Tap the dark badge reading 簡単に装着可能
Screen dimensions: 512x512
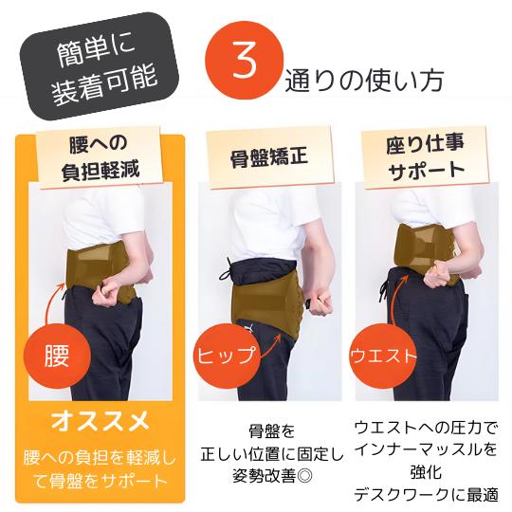(100, 66)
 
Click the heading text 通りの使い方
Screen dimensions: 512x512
(364, 81)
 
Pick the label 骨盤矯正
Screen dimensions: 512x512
(269, 157)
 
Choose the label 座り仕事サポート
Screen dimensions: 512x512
(425, 158)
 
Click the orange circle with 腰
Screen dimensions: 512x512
(57, 356)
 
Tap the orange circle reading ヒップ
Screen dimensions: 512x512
(227, 356)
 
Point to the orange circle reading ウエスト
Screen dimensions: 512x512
(383, 356)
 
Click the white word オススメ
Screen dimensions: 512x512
(101, 421)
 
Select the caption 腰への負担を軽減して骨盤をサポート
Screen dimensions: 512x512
(100, 469)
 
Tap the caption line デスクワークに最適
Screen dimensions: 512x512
(426, 495)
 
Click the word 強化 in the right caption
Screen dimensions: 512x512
(426, 472)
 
